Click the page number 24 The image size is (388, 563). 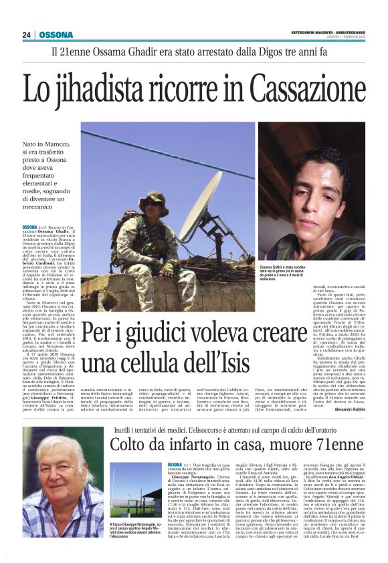pyautogui.click(x=27, y=35)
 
